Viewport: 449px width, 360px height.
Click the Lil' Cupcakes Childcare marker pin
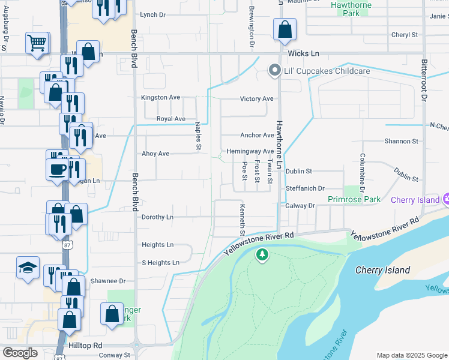[x=275, y=71]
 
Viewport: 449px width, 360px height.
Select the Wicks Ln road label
[x=303, y=53]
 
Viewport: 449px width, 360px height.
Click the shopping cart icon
[x=37, y=43]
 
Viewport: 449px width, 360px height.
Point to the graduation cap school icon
[x=28, y=268]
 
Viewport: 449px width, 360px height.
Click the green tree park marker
[x=262, y=255]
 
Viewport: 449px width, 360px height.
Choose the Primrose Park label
[x=354, y=199]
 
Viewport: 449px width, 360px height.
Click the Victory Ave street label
[x=256, y=98]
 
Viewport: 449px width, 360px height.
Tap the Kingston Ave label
[x=160, y=97]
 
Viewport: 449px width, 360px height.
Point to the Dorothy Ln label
[x=157, y=217]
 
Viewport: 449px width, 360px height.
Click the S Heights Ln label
[x=160, y=262]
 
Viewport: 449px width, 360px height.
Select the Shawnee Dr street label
[x=108, y=280]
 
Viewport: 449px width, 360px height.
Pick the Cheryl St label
[x=404, y=35]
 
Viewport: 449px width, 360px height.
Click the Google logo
[x=20, y=352]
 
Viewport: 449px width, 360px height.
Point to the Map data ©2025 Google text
[x=412, y=355]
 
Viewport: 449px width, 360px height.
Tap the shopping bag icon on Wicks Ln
[x=285, y=29]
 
